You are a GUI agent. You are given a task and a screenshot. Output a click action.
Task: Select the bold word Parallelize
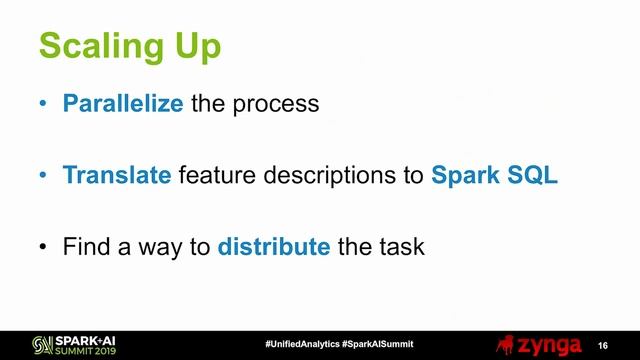(123, 103)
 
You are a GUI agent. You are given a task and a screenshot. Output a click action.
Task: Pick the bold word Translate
(117, 175)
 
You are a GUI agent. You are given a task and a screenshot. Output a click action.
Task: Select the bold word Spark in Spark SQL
(466, 175)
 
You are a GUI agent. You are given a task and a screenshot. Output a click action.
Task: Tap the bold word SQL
(533, 175)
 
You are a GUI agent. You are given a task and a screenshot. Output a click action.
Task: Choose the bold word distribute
(274, 246)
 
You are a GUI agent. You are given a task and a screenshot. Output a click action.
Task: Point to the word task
(400, 246)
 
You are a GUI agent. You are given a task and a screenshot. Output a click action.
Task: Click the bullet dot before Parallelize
(42, 104)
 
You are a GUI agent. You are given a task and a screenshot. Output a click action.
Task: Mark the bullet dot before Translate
(42, 176)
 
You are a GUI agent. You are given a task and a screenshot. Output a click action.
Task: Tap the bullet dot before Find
(42, 247)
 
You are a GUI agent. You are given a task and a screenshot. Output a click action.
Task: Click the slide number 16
(603, 344)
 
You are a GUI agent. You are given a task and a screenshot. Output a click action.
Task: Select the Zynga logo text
(549, 344)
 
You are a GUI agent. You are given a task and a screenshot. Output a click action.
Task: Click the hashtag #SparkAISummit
(377, 344)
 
